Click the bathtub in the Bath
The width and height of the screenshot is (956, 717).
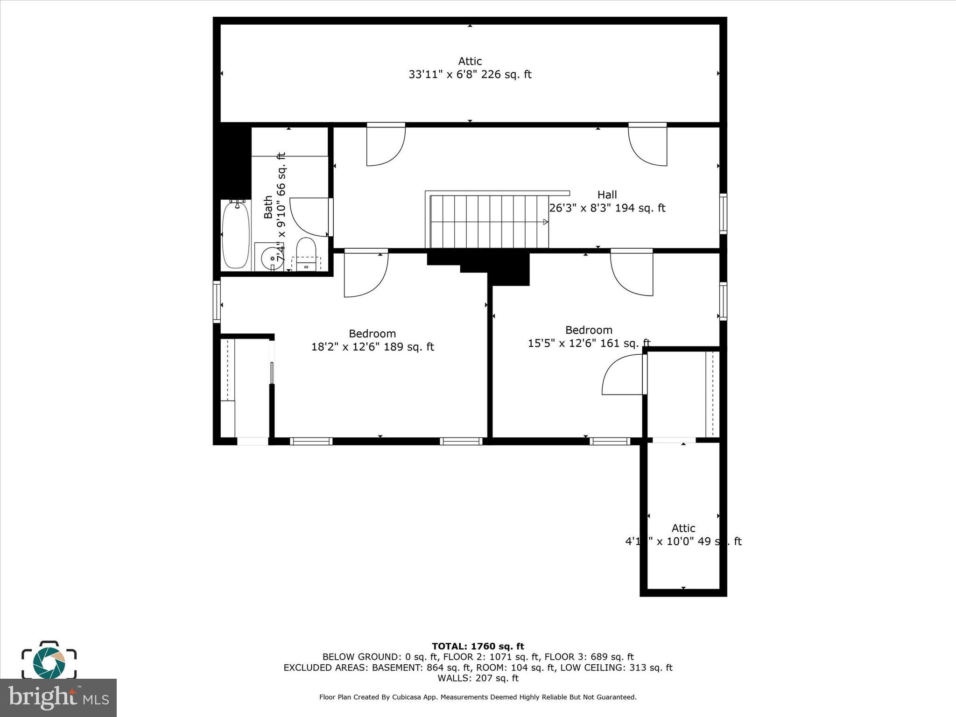236,235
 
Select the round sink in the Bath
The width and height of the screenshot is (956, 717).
272,258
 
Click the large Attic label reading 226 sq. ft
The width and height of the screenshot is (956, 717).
470,68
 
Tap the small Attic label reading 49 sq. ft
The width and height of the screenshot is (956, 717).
683,535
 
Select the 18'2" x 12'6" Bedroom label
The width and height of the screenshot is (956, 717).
373,340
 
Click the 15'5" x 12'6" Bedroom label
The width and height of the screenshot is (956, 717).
589,337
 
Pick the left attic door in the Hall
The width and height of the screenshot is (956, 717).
385,145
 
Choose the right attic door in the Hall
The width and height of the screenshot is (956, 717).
648,145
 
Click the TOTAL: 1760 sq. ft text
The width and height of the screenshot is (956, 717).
478,647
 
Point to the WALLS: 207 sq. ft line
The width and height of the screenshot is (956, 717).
478,678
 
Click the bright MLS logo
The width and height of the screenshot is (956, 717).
58,698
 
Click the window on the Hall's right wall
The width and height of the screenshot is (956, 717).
723,213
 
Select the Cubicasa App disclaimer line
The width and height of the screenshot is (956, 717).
478,697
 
